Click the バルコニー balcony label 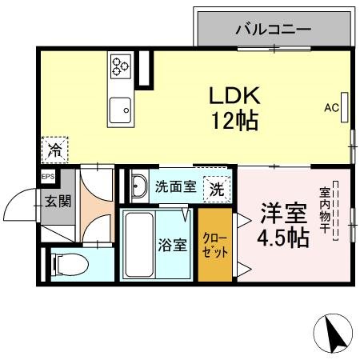[273, 31]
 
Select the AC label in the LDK [331, 108]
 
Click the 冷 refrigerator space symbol [55, 149]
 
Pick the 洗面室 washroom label [174, 188]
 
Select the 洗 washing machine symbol [216, 190]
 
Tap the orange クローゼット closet [216, 244]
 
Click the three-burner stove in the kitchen [122, 64]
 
